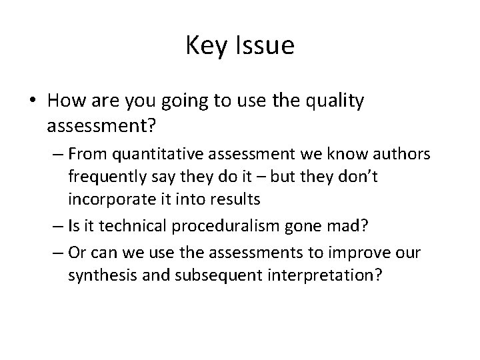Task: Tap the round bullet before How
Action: tap(33, 101)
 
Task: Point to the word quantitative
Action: tap(152, 155)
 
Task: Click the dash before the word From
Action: tap(55, 155)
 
